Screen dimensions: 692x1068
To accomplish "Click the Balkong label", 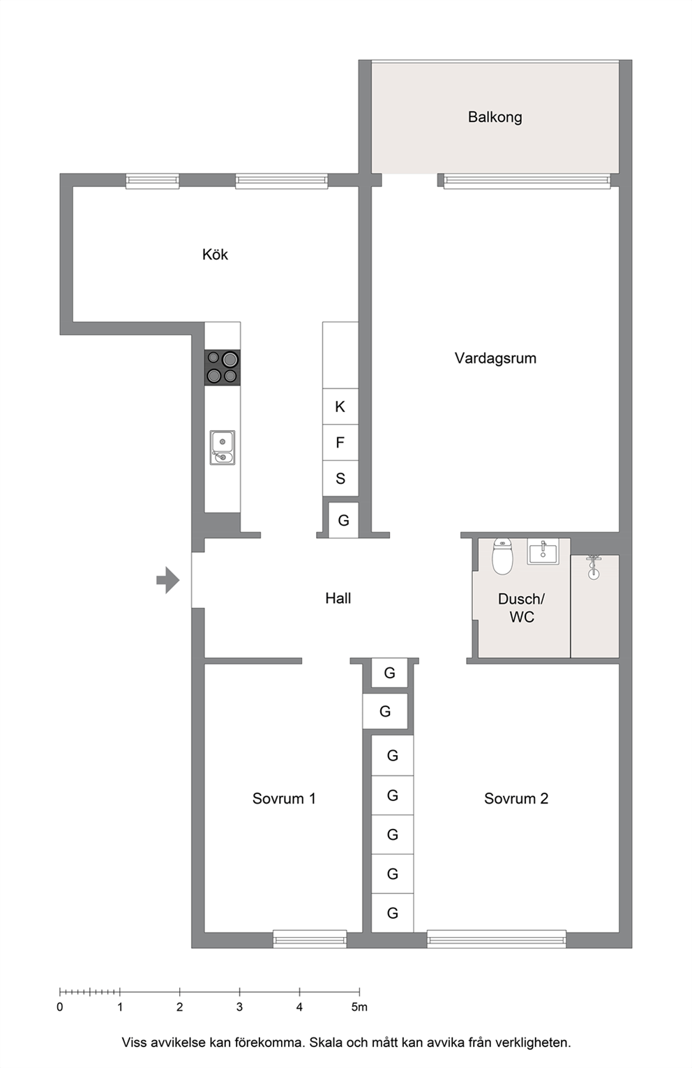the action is pyautogui.click(x=495, y=117).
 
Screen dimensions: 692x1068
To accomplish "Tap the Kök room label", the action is pyautogui.click(x=215, y=254).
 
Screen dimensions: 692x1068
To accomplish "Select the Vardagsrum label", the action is pyautogui.click(x=495, y=358).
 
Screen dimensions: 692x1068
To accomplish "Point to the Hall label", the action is pyautogui.click(x=338, y=598).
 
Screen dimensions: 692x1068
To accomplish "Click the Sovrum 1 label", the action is pyautogui.click(x=284, y=799).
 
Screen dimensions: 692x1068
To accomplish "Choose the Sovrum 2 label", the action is pyautogui.click(x=516, y=799).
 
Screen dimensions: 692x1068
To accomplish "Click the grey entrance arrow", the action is pyautogui.click(x=168, y=580).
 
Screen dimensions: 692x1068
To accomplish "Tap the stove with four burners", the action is pyautogui.click(x=223, y=367).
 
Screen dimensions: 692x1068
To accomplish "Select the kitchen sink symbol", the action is pyautogui.click(x=223, y=448).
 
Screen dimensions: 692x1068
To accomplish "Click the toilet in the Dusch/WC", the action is pyautogui.click(x=502, y=556).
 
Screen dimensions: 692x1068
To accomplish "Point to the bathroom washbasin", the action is pyautogui.click(x=543, y=551).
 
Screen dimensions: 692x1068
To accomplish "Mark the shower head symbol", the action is pyautogui.click(x=593, y=567).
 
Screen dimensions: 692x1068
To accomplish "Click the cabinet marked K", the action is pyautogui.click(x=340, y=406).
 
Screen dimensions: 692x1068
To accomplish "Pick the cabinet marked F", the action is pyautogui.click(x=340, y=443).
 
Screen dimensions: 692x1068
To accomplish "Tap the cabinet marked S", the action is pyautogui.click(x=340, y=478).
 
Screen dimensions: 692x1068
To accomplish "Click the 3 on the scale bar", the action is pyautogui.click(x=239, y=1007).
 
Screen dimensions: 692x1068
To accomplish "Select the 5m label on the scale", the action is pyautogui.click(x=359, y=1007).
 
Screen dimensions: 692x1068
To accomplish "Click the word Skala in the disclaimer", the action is pyautogui.click(x=326, y=1043).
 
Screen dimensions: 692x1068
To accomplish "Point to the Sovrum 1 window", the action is pyautogui.click(x=310, y=939).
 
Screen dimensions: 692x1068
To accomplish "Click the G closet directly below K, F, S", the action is pyautogui.click(x=343, y=520).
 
